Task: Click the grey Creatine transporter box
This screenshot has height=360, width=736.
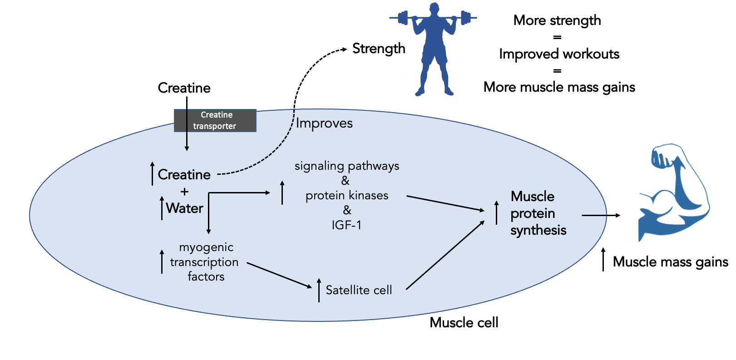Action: (x=215, y=121)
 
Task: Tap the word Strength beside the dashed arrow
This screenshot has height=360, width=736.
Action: (x=379, y=48)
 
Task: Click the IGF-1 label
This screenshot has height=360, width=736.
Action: (x=346, y=225)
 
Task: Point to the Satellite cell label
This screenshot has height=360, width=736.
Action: (x=359, y=290)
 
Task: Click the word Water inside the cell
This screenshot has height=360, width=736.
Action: (x=184, y=208)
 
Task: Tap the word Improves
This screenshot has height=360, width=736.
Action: (x=324, y=123)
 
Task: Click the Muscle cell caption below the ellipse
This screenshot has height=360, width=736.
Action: (x=464, y=323)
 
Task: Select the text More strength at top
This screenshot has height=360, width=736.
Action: (x=557, y=20)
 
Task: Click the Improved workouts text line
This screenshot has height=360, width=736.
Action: (x=559, y=54)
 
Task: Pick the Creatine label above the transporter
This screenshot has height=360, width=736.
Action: (x=184, y=88)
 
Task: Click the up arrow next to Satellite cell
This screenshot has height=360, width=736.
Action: (x=319, y=290)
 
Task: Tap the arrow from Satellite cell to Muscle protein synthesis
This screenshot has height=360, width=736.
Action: (x=445, y=255)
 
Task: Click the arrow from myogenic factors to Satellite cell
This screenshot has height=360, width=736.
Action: (x=279, y=275)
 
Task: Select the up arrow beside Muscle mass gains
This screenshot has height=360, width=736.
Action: (x=603, y=260)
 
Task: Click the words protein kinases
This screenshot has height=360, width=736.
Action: (x=347, y=196)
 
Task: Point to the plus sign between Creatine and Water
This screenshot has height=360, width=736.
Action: (x=184, y=192)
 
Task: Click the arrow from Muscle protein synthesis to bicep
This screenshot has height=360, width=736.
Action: (x=600, y=215)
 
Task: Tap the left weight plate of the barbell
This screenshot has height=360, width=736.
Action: (x=402, y=18)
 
